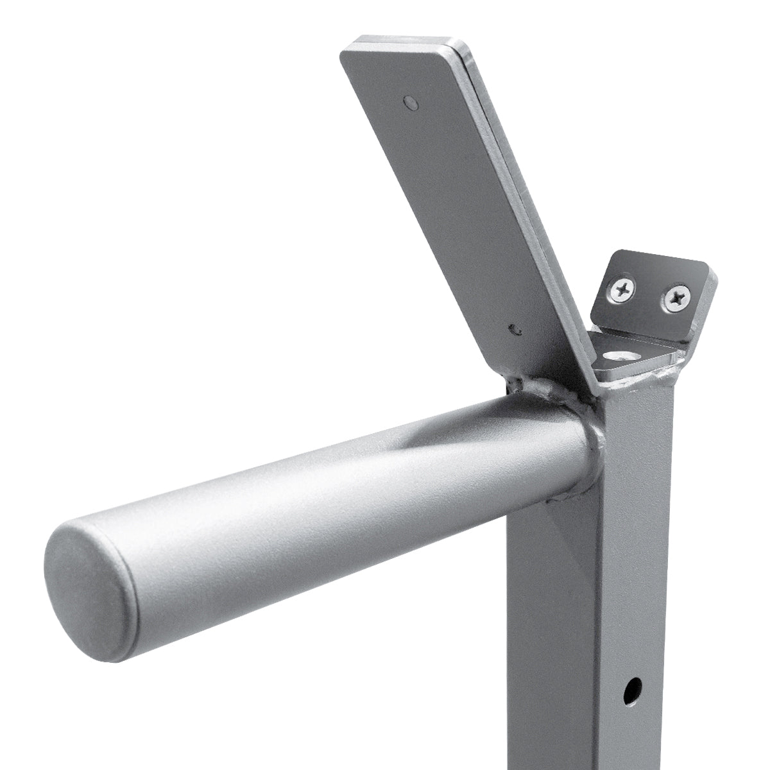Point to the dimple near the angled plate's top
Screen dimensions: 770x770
pyautogui.click(x=409, y=101)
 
